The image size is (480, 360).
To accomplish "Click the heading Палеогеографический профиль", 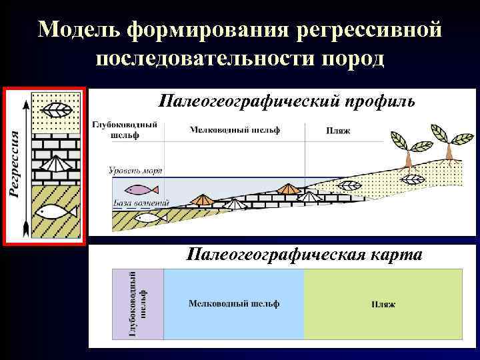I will coord(287,101).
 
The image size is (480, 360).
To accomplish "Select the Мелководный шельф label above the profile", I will coord(235,129).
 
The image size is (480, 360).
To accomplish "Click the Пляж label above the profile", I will coord(337,131).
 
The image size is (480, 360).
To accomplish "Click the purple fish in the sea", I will coord(137,189).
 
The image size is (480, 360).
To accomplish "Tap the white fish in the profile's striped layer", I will coord(147,217).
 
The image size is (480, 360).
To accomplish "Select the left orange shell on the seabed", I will coord(201,199).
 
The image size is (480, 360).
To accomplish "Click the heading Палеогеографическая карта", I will coord(303,255).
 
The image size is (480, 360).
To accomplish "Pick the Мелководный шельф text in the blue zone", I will coord(234,303).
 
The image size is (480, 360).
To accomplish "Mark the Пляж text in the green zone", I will coord(383,304).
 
